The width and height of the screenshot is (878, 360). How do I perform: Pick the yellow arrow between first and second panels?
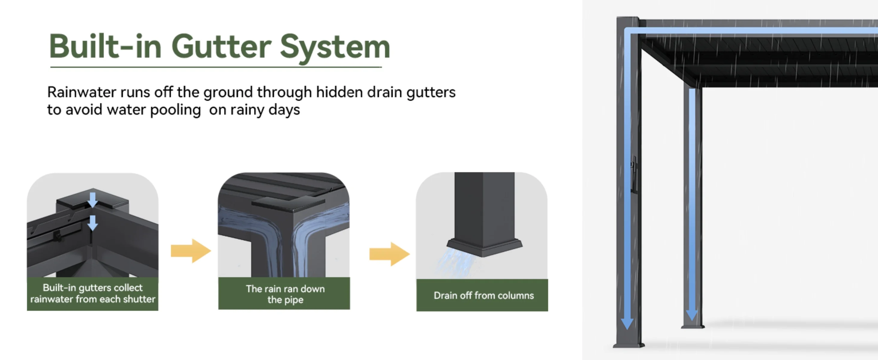(191, 251)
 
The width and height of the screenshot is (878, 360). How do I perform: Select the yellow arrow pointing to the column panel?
(390, 254)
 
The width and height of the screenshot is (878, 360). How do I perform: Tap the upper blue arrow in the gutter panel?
(92, 200)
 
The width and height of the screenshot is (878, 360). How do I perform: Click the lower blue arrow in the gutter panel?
(92, 223)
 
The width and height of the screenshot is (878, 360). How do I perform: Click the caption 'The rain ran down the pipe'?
(285, 294)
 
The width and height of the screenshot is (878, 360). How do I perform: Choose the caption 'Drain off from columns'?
(484, 295)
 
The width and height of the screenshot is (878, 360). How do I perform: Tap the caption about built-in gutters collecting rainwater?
(93, 293)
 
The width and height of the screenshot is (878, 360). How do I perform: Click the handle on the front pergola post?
(634, 174)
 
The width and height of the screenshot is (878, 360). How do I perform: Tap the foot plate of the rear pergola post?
(692, 327)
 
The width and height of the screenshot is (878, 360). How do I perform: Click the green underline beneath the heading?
(216, 67)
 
